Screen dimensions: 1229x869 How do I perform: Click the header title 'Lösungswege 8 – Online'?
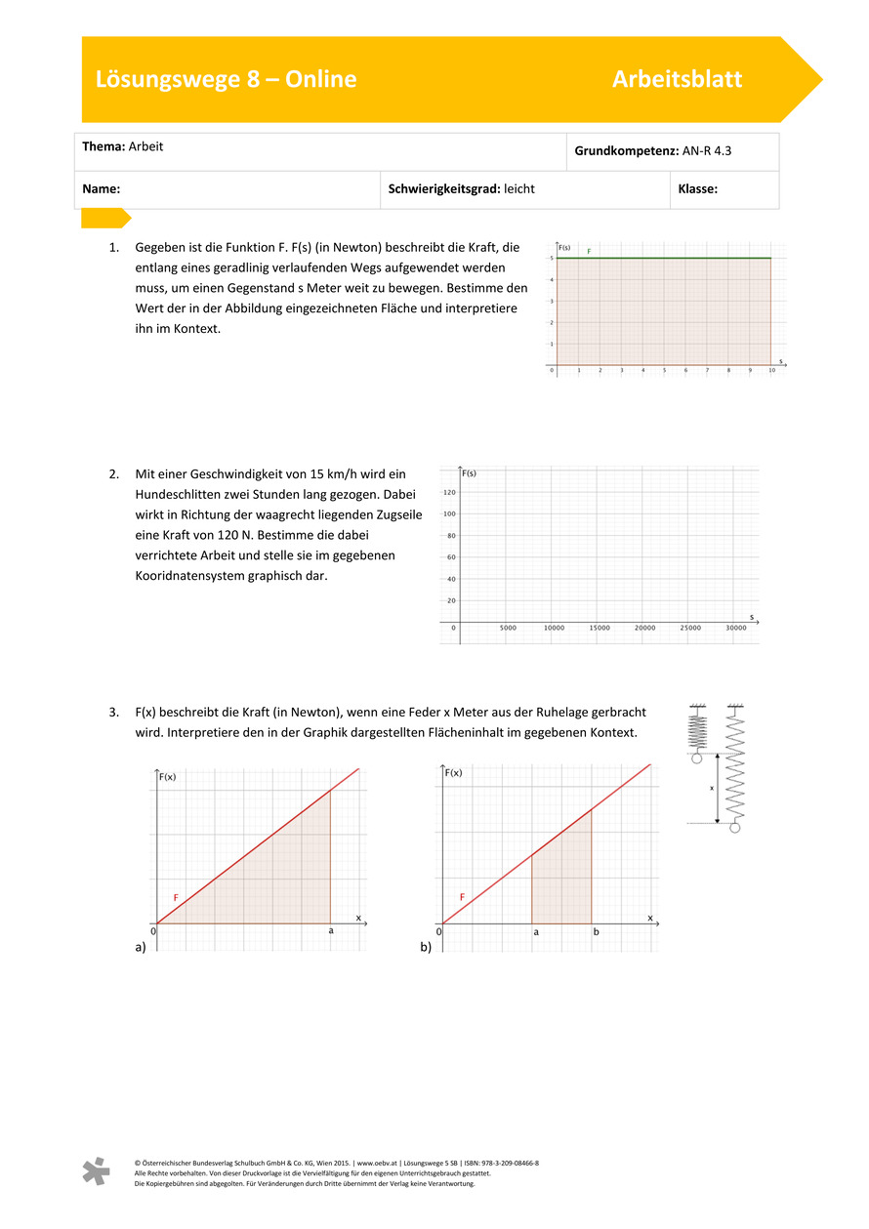pos(226,80)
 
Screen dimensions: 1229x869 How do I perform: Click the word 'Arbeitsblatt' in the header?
pos(677,80)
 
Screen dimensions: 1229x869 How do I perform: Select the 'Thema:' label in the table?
pos(103,146)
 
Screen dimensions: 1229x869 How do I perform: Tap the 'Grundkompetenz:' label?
pos(625,152)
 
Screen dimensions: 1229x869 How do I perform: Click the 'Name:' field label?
pos(101,189)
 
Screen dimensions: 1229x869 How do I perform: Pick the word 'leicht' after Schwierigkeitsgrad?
pos(518,189)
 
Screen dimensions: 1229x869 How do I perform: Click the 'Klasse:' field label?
pos(697,189)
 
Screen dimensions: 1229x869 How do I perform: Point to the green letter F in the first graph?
pos(589,252)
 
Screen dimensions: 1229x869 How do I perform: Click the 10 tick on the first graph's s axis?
pos(771,372)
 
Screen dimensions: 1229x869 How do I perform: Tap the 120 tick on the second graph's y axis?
pos(449,493)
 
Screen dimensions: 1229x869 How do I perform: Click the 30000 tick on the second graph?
pos(736,629)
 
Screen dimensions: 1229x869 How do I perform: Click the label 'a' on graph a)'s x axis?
pos(331,931)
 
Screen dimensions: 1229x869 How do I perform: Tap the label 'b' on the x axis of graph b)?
pos(595,932)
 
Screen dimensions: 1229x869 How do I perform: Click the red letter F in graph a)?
pos(176,897)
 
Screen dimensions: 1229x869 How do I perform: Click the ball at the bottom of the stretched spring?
pos(735,828)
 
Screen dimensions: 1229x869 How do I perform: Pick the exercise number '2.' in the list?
pos(114,474)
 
